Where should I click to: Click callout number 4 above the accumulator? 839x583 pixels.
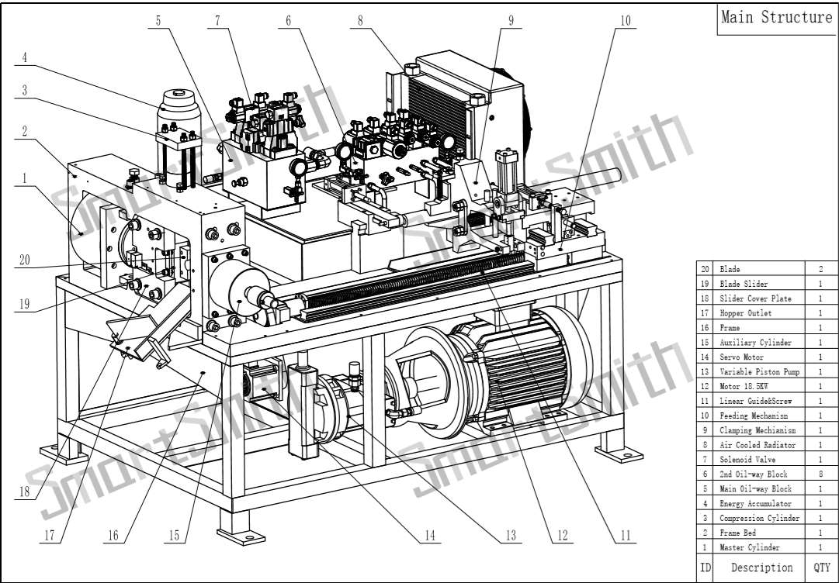click(24, 57)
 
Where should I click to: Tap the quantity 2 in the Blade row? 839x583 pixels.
click(821, 268)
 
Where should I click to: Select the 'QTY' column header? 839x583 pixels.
click(822, 567)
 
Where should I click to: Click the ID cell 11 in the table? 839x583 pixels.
click(706, 400)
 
